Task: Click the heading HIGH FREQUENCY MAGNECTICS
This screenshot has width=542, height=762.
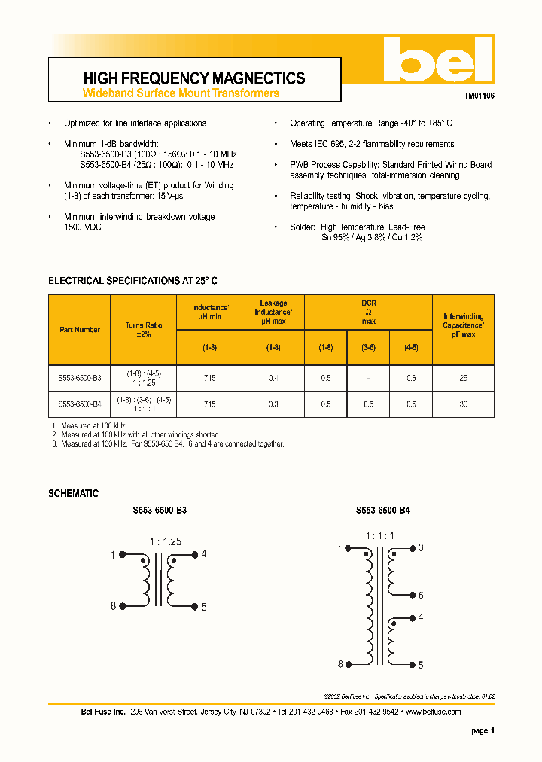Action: tap(193, 78)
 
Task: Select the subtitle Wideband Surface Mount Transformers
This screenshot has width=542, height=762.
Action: tap(180, 93)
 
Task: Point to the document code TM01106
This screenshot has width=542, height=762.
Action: tap(479, 97)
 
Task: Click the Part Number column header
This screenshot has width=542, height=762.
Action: tap(80, 330)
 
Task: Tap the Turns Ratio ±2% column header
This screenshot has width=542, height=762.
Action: tap(143, 330)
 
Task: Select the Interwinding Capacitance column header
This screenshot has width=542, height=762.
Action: tap(463, 325)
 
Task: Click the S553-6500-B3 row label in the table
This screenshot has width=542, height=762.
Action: tap(80, 379)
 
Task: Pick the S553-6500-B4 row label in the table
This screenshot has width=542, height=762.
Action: tap(80, 404)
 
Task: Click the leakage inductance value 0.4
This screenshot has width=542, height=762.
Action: tap(273, 379)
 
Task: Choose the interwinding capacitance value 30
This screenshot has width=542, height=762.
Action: tap(463, 404)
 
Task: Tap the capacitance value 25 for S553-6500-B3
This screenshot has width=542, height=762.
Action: tap(463, 379)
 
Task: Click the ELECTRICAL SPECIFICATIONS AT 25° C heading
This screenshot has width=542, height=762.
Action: tap(133, 280)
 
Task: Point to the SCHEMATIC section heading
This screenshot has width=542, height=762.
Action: tap(73, 493)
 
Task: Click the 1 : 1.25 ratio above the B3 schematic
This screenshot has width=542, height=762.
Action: tap(166, 541)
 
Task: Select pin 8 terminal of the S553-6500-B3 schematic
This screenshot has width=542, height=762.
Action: tap(114, 606)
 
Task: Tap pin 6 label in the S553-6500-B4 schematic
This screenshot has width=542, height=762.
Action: tap(421, 596)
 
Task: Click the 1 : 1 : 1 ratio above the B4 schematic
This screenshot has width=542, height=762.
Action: tap(380, 536)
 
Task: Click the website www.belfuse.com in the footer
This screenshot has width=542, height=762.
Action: tap(433, 712)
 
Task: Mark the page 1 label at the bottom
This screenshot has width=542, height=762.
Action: tap(483, 730)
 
